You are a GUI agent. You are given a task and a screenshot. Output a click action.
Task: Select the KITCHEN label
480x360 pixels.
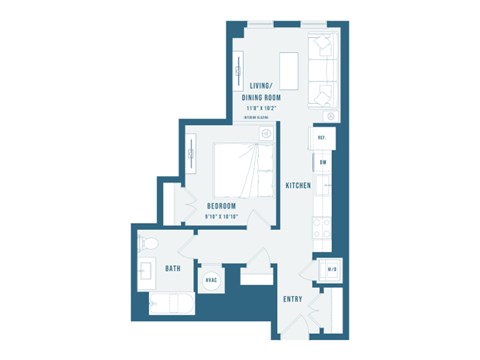pyautogui.click(x=297, y=186)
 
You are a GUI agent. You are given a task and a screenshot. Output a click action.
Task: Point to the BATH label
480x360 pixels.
pyautogui.click(x=173, y=268)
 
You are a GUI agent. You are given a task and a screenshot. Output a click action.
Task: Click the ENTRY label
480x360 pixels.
pyautogui.click(x=293, y=298)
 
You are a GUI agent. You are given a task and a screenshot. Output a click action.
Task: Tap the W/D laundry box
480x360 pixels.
pyautogui.click(x=331, y=271)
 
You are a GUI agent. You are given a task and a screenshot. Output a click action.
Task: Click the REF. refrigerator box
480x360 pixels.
pyautogui.click(x=323, y=138)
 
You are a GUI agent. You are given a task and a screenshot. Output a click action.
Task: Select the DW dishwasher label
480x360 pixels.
pyautogui.click(x=323, y=161)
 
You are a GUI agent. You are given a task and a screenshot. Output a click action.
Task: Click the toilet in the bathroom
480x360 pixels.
pyautogui.click(x=148, y=243)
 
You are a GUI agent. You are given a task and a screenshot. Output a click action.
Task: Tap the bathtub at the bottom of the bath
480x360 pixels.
pyautogui.click(x=170, y=302)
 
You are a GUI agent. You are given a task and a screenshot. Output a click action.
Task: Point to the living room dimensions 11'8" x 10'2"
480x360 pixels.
pyautogui.click(x=260, y=109)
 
